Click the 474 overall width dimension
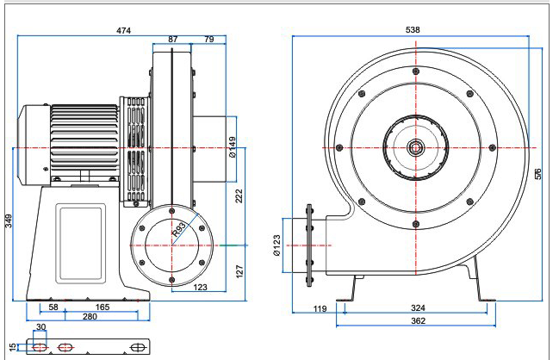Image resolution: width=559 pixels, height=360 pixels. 124,30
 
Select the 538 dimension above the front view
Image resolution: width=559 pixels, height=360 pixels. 413,30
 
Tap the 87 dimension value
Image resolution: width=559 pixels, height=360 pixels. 173,40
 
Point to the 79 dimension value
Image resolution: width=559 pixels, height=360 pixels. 209,40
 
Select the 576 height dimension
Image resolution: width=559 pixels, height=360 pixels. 537,173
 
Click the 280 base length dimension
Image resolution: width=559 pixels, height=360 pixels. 90,318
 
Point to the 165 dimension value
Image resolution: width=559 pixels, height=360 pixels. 102,307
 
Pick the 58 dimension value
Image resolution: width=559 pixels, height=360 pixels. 53,307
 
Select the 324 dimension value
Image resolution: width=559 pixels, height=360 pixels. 418,307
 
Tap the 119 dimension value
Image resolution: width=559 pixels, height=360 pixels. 320,307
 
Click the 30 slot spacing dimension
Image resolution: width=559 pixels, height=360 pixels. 40,327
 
